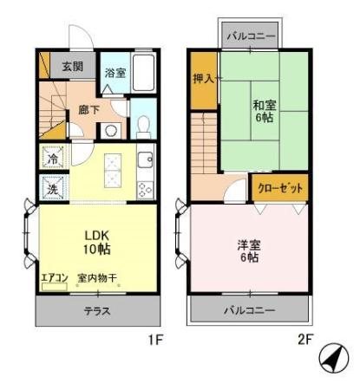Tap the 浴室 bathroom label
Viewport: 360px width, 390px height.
(115, 73)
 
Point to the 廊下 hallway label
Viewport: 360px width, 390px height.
(88, 109)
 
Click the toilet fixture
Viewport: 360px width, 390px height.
(144, 128)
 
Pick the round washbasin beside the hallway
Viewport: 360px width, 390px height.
(111, 131)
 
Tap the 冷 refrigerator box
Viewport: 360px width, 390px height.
(51, 159)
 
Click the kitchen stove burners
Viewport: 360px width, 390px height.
(145, 188)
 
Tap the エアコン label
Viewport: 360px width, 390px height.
(54, 278)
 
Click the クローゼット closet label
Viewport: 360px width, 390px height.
(279, 185)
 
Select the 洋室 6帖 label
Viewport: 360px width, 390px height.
(249, 250)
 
